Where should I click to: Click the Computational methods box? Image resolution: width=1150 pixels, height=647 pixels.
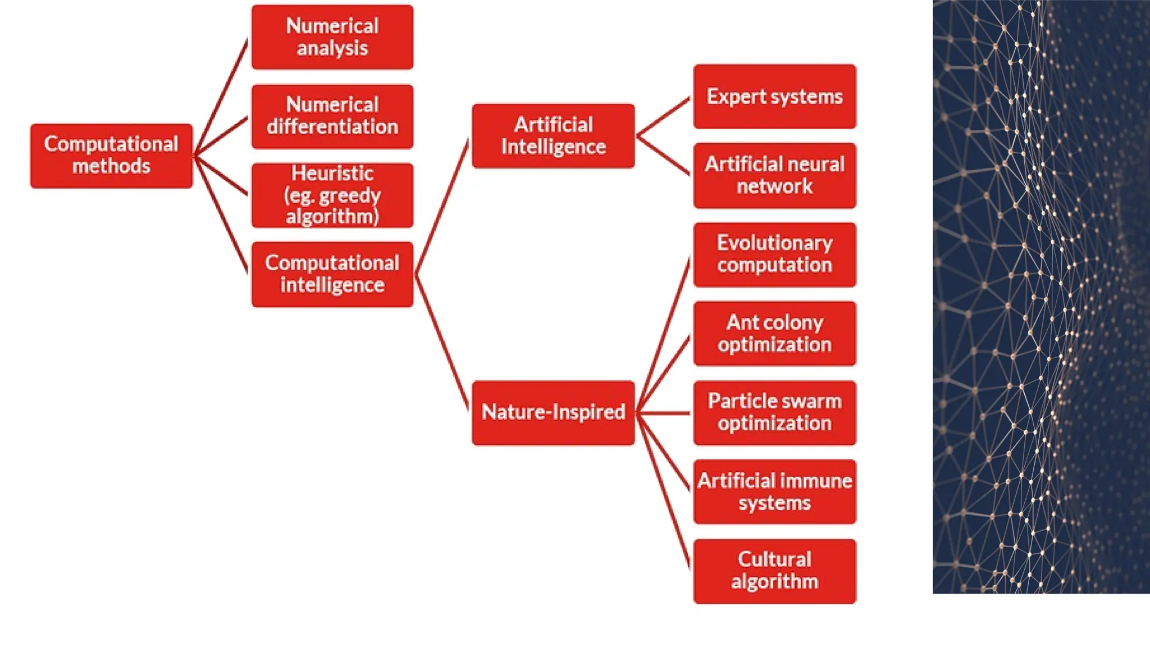point(111,156)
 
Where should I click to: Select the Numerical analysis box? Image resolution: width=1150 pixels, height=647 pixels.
point(332,37)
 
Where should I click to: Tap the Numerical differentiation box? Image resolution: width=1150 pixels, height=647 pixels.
point(332,116)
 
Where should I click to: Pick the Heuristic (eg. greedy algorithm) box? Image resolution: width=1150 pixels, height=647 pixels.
point(332,195)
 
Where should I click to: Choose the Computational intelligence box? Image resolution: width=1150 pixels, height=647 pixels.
point(332,274)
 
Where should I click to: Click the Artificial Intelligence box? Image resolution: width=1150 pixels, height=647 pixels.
point(553,135)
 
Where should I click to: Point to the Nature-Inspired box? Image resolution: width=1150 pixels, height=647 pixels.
point(553,413)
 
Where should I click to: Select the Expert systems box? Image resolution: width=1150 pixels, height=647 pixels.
point(774,97)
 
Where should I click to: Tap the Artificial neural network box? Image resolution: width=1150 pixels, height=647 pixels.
point(774,175)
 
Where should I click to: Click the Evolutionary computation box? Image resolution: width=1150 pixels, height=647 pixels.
point(774,254)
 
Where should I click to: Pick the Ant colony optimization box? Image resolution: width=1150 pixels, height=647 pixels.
point(774,334)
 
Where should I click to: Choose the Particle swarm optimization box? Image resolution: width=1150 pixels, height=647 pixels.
point(774,413)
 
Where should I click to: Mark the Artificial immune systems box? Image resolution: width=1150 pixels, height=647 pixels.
point(774,491)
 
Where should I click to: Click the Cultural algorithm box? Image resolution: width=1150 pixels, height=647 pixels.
point(774,571)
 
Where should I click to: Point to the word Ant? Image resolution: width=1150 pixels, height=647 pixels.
point(742,322)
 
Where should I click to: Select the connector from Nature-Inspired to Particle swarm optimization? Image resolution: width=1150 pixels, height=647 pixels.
point(664,413)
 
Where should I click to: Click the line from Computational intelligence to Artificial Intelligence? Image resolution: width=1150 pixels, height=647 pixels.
point(442,208)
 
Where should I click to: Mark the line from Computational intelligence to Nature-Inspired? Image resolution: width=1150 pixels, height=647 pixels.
point(442,343)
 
